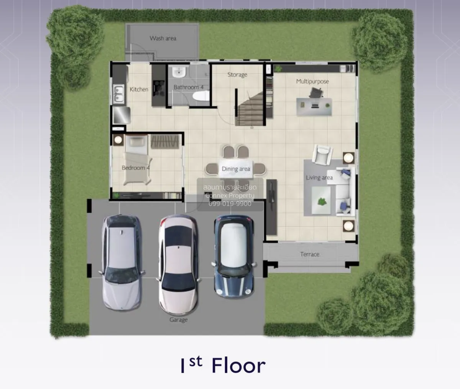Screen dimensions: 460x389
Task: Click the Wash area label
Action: coord(163,38)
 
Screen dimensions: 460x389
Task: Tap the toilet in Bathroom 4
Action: coord(201,96)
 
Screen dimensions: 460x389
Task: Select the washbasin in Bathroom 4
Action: coord(179,72)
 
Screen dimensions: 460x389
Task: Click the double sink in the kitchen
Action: coord(118,94)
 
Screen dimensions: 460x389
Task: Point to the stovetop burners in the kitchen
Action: coord(159,88)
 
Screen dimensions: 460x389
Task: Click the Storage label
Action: coord(237,75)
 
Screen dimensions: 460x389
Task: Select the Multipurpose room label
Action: coord(312,82)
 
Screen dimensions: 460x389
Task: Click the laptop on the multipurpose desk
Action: coord(315,106)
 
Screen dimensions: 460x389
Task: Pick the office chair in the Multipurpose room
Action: coord(316,92)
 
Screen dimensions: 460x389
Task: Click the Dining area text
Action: coord(236,169)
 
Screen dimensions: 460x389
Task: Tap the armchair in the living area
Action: coord(323,155)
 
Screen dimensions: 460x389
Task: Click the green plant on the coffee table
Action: coord(322,201)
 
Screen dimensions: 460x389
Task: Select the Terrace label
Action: coord(310,254)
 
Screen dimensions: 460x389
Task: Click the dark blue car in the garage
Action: coord(234,257)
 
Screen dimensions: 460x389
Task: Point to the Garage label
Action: coord(179,320)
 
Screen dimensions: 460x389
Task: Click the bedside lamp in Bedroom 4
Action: coord(118,140)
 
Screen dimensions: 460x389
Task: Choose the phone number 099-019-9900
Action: coord(230,204)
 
